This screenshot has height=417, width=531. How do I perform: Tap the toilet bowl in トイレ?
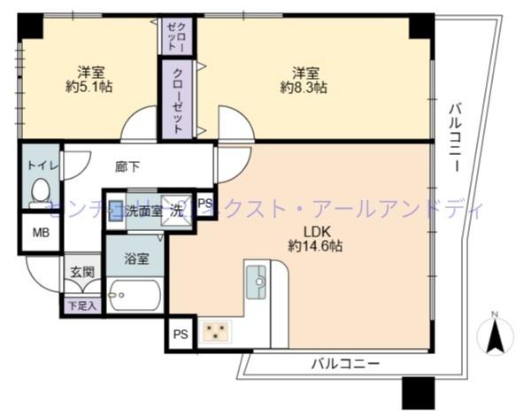[40, 189]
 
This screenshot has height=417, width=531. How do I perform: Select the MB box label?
[41, 233]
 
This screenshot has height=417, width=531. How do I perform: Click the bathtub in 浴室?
[135, 295]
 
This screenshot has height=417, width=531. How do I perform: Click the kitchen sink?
[257, 281]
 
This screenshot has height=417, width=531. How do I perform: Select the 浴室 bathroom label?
[136, 260]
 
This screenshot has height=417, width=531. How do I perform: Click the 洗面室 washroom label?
[143, 211]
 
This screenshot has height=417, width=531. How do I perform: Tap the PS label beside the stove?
[181, 334]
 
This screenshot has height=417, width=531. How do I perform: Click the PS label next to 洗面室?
[204, 205]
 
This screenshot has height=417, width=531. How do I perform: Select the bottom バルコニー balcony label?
[344, 363]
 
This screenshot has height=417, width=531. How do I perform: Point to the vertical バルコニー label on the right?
[454, 138]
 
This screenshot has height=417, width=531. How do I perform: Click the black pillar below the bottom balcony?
[417, 392]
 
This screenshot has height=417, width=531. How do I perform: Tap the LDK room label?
[306, 231]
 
